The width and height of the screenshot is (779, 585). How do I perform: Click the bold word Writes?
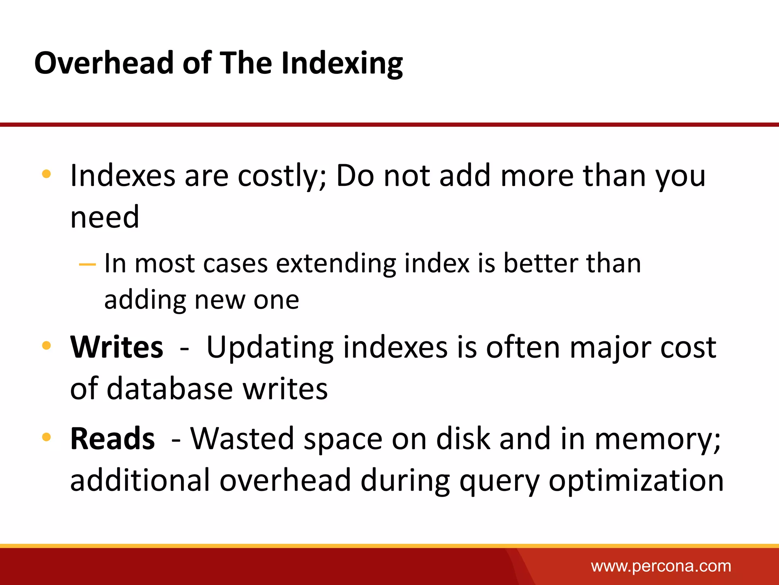pyautogui.click(x=117, y=347)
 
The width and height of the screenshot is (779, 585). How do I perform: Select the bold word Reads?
pyautogui.click(x=113, y=439)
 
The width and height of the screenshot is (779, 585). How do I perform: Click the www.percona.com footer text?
pyautogui.click(x=661, y=566)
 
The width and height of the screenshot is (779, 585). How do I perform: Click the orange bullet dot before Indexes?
pyautogui.click(x=46, y=174)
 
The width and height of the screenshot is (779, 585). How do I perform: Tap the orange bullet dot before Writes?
pyautogui.click(x=46, y=345)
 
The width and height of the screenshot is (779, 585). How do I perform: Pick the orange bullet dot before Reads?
pyautogui.click(x=46, y=437)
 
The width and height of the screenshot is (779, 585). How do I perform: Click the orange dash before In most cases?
pyautogui.click(x=87, y=264)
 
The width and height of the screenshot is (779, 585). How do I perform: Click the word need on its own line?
pyautogui.click(x=105, y=217)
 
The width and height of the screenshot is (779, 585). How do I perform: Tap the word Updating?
pyautogui.click(x=270, y=348)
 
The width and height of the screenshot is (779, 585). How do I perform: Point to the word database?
pyautogui.click(x=170, y=389)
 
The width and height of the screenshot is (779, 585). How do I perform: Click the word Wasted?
pyautogui.click(x=242, y=439)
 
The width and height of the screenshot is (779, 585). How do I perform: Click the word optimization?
pyautogui.click(x=636, y=481)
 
